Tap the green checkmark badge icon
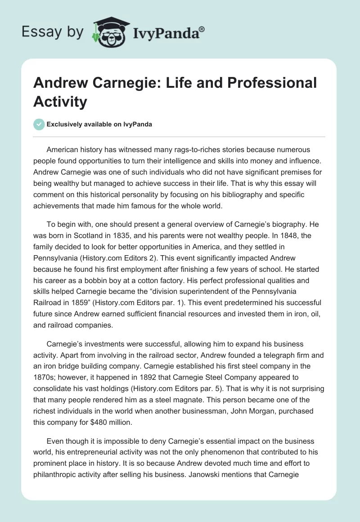(39, 124)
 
